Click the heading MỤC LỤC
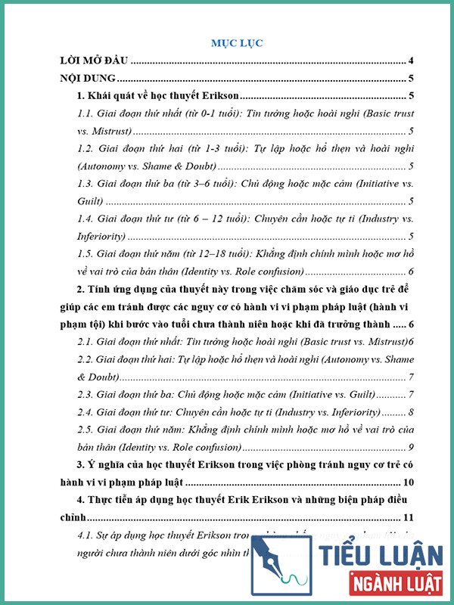(x=237, y=43)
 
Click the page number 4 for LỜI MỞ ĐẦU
(x=409, y=60)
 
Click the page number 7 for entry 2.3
(x=409, y=394)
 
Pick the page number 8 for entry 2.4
(x=409, y=411)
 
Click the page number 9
(x=409, y=446)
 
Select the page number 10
(x=406, y=482)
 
